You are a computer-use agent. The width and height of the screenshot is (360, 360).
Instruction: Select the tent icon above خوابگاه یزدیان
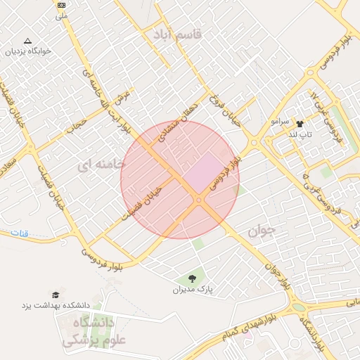[x=27, y=41]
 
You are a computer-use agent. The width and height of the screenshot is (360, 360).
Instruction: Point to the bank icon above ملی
[x=61, y=5]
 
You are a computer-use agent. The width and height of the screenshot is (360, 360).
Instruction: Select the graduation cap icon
[x=55, y=294]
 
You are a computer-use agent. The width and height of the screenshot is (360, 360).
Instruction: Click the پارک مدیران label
[x=193, y=289]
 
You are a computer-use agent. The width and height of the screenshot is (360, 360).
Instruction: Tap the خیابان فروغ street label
[x=224, y=112]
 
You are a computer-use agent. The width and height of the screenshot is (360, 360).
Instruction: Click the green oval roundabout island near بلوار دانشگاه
[x=299, y=307]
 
